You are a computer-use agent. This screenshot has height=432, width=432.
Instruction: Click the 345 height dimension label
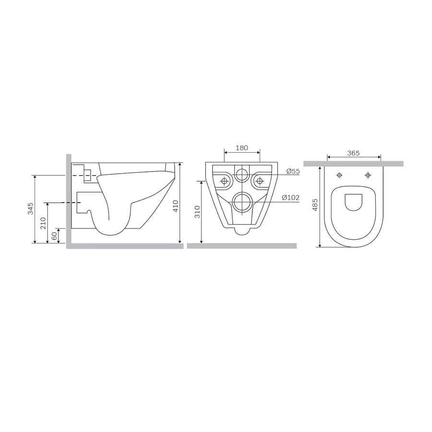(30, 209)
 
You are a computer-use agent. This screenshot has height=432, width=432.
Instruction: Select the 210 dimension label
(43, 223)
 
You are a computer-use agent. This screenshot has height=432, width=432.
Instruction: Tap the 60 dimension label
(54, 235)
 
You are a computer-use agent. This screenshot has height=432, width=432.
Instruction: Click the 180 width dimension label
(242, 148)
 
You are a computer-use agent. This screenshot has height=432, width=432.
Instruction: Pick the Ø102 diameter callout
(291, 197)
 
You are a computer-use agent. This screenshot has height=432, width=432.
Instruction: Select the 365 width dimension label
(353, 154)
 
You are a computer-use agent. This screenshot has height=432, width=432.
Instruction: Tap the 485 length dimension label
(315, 205)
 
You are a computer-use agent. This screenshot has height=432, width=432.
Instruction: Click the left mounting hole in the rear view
(224, 181)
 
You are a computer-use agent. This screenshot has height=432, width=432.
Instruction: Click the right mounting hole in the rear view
(260, 181)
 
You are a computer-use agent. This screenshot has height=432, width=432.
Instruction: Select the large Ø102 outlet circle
(242, 202)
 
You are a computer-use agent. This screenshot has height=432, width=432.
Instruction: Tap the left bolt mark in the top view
(339, 175)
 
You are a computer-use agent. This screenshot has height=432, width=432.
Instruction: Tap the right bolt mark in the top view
(368, 175)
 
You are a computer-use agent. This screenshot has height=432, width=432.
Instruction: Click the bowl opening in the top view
(354, 202)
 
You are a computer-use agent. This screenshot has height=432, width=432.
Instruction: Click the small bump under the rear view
(242, 231)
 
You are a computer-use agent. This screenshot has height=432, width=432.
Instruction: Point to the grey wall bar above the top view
(353, 164)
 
